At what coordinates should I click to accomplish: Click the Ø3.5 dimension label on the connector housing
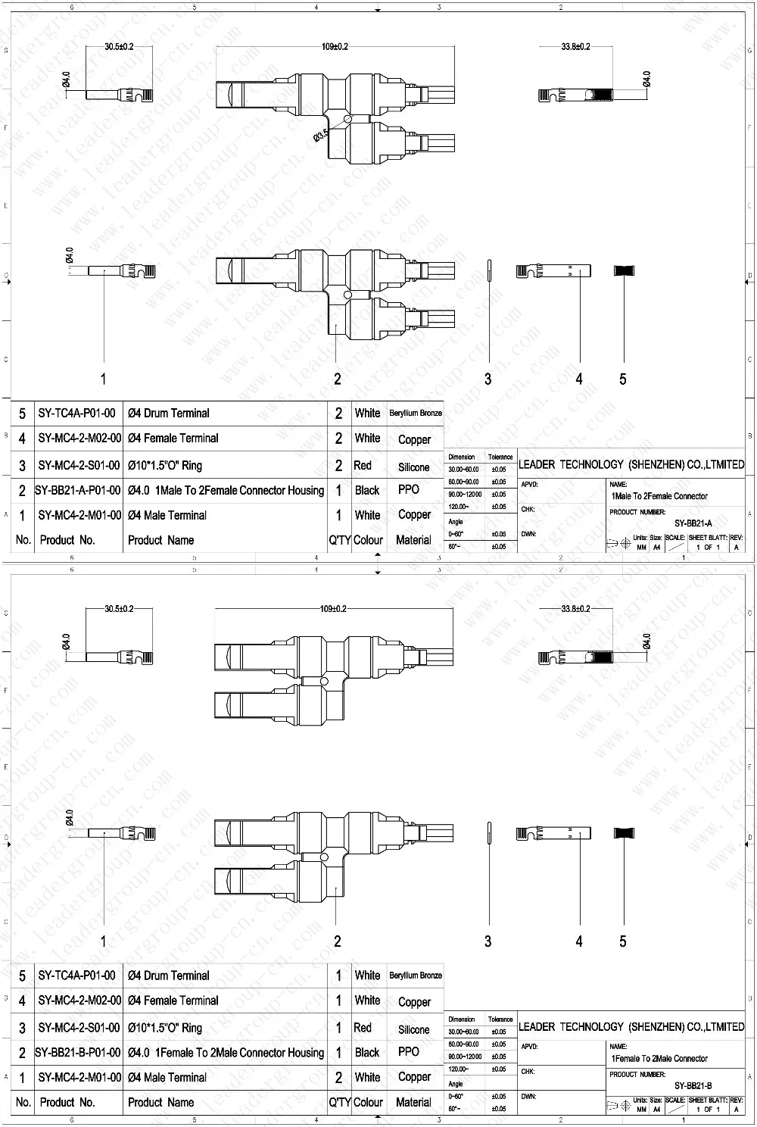[320, 136]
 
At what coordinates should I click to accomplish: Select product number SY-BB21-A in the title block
[693, 523]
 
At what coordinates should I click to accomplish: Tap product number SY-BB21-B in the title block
[693, 1085]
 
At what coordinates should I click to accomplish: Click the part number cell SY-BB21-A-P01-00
[78, 490]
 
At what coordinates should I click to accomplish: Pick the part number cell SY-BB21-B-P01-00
[78, 1052]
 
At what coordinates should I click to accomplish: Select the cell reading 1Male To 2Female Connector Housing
[226, 490]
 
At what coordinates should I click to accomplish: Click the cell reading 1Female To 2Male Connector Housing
[226, 1052]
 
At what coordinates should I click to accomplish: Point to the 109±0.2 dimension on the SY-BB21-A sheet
[335, 47]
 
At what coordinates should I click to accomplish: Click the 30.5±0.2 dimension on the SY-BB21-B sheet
[119, 609]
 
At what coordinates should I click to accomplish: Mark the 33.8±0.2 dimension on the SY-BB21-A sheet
[575, 47]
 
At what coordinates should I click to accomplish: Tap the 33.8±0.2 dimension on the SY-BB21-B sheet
[575, 609]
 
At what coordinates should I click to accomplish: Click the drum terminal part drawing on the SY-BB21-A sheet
[623, 271]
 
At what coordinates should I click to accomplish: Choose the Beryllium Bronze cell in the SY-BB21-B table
[416, 976]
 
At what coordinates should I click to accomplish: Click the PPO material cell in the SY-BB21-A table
[409, 490]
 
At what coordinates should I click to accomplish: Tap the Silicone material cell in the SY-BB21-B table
[413, 1029]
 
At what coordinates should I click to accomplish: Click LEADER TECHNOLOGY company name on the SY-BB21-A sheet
[631, 464]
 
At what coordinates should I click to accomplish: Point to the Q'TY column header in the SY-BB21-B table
[338, 1103]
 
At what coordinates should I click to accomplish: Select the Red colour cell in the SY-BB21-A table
[363, 466]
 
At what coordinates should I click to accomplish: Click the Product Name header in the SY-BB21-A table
[160, 540]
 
